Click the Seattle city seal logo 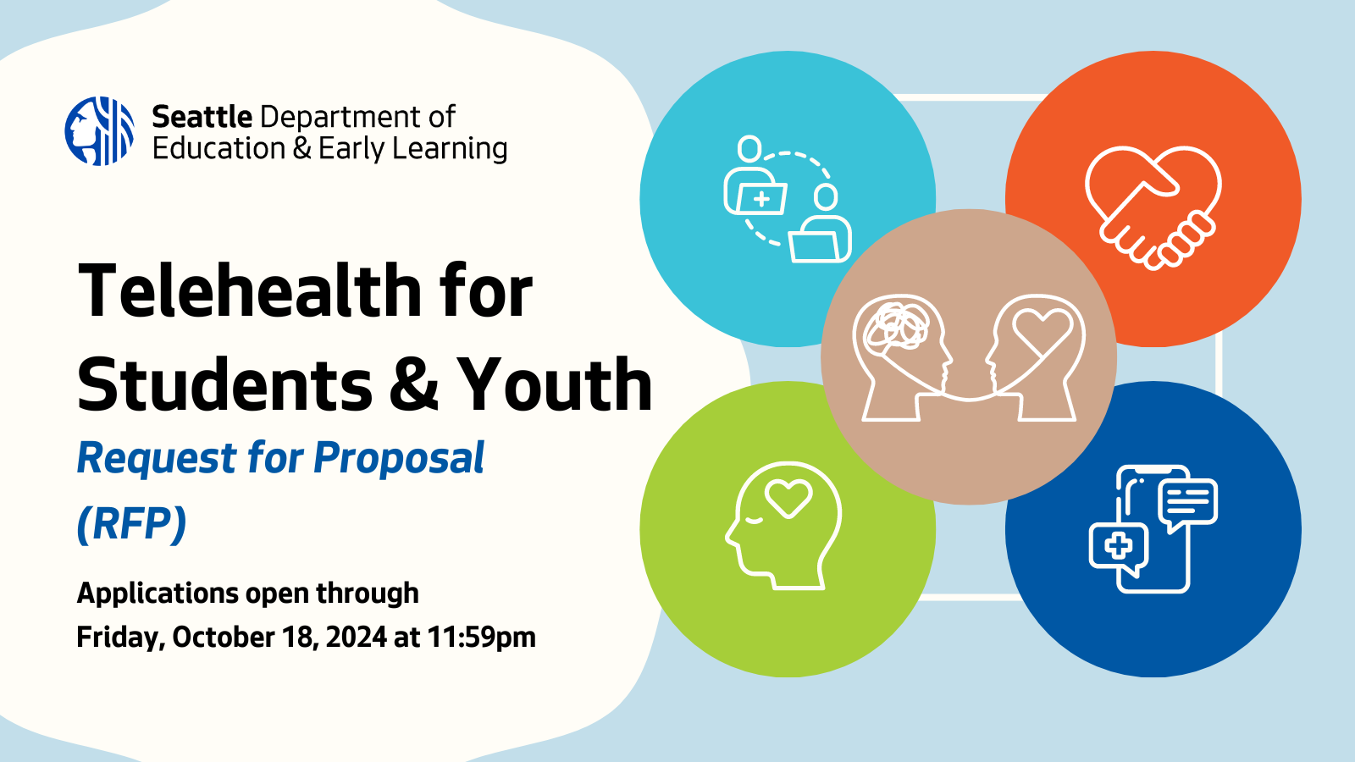[99, 131]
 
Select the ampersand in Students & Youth [414, 386]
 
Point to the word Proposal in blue [399, 458]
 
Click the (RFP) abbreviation [131, 523]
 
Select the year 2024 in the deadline [356, 637]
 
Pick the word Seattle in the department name [202, 117]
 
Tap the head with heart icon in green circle [783, 525]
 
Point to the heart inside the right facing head [1043, 329]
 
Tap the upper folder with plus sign [760, 198]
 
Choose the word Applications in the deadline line [158, 594]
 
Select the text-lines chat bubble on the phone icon [1188, 501]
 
